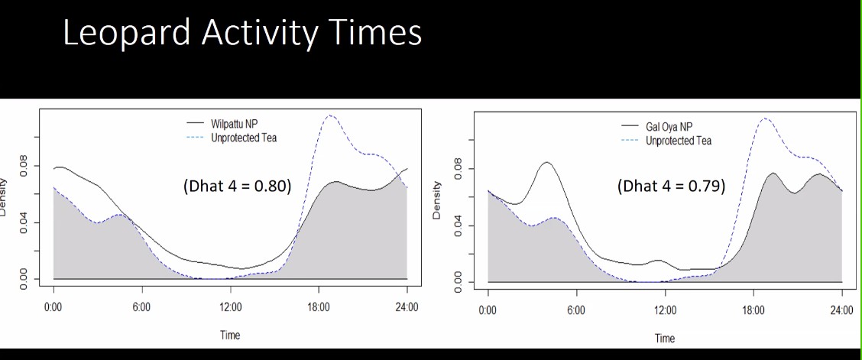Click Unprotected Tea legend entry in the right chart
coord(678,141)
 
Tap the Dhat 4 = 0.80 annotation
coord(237,186)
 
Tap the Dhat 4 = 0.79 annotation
coord(670,186)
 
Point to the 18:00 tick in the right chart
coord(753,311)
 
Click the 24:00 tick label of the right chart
coord(841,311)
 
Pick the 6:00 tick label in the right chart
coord(576,311)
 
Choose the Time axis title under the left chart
coord(229,335)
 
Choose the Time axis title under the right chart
coord(664,339)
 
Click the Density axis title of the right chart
coord(437,200)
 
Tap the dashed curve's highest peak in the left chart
coord(329,115)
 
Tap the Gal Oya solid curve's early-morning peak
coord(546,162)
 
